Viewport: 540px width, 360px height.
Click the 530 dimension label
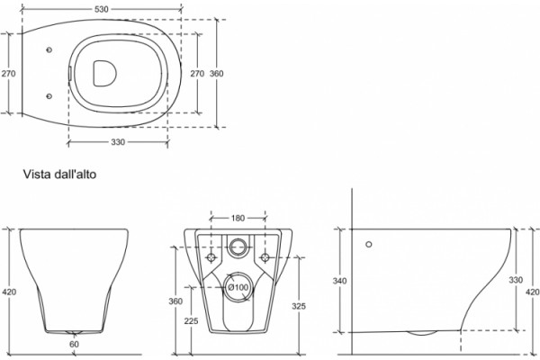click(x=101, y=9)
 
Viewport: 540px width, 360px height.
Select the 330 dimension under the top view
click(x=118, y=142)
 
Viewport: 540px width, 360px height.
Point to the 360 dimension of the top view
click(x=217, y=74)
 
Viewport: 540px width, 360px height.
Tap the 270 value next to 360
click(x=197, y=74)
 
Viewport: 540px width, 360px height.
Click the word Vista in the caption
click(x=37, y=175)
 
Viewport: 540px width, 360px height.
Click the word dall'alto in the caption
click(x=76, y=175)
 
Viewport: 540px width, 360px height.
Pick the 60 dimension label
click(x=74, y=344)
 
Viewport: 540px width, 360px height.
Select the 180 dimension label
click(x=238, y=218)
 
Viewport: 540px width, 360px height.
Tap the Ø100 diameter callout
click(x=238, y=287)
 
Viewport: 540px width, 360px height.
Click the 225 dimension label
click(x=191, y=321)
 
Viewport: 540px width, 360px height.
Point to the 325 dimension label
click(x=298, y=306)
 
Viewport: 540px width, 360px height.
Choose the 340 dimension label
click(x=339, y=281)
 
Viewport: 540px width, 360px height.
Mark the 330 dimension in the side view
click(x=516, y=280)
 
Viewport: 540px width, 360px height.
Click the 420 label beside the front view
click(x=9, y=292)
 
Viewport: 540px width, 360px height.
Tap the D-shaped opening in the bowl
click(x=104, y=74)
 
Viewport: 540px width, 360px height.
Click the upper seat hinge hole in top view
click(x=49, y=50)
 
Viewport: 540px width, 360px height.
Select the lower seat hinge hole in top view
click(x=49, y=96)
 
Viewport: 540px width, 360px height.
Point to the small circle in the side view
click(x=369, y=244)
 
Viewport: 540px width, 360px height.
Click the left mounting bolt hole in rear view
click(x=211, y=257)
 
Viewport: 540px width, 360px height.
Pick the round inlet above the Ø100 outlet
click(x=238, y=247)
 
